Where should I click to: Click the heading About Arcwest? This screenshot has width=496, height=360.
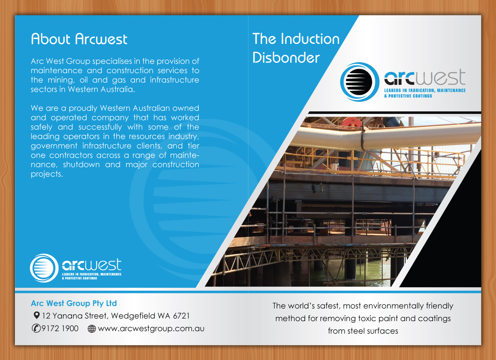[x=79, y=39]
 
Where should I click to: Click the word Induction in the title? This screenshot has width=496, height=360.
[x=311, y=39]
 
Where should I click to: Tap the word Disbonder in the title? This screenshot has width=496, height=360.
[x=286, y=58]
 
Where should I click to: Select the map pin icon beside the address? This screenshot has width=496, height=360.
[x=37, y=315]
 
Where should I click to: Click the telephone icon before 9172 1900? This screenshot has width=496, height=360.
[x=36, y=329]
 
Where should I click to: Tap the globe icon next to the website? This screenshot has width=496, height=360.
[x=92, y=329]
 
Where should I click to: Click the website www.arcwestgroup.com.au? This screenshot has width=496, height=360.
[x=151, y=329]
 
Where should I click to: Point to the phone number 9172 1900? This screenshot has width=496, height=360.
[x=60, y=329]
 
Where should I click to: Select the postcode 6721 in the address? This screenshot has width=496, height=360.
[x=181, y=316]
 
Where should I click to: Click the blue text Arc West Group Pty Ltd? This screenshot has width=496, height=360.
[x=74, y=303]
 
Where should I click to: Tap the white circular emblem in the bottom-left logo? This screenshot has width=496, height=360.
[x=44, y=268]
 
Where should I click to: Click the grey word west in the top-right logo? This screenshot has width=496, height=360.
[x=440, y=77]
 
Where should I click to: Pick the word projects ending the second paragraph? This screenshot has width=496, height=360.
[x=47, y=174]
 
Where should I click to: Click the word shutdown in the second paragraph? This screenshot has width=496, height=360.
[x=81, y=165]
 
